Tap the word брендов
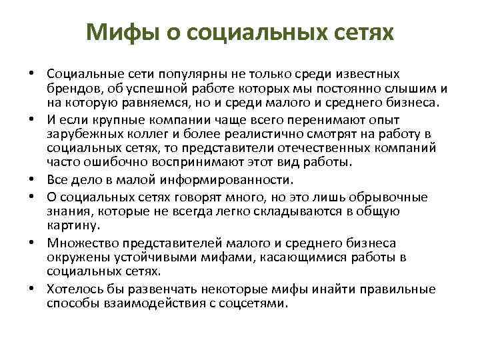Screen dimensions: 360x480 pos(74,88)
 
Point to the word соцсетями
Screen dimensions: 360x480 pos(262,303)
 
